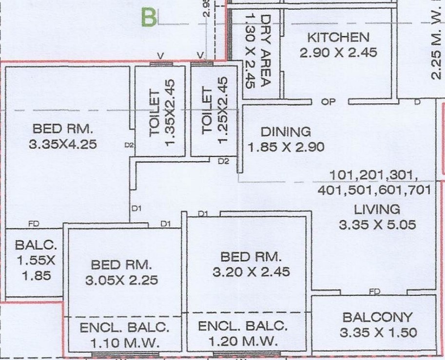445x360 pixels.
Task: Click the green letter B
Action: pos(150,17)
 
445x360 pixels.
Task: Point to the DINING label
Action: pos(286,132)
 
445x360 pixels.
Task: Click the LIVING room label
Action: pos(377,210)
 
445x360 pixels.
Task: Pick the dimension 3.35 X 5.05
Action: pos(377,225)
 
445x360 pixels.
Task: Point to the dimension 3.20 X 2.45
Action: pos(251,271)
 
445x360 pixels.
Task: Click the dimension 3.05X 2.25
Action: pos(122,280)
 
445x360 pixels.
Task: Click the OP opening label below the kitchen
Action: pos(329,102)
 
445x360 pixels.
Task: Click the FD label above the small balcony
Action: pos(34,225)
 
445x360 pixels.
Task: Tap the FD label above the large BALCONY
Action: pos(374,291)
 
